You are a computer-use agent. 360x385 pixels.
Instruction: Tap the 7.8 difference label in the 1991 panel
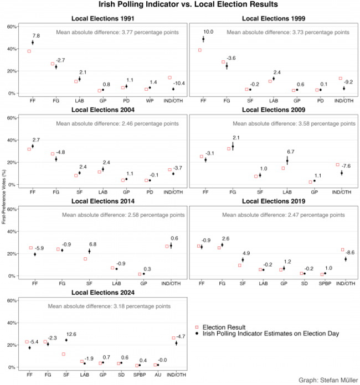click(x=37, y=35)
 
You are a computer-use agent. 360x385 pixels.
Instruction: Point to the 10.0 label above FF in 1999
click(x=208, y=32)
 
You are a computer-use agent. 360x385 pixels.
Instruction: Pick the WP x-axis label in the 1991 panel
click(x=150, y=101)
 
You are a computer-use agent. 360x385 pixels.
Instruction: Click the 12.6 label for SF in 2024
click(x=72, y=334)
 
